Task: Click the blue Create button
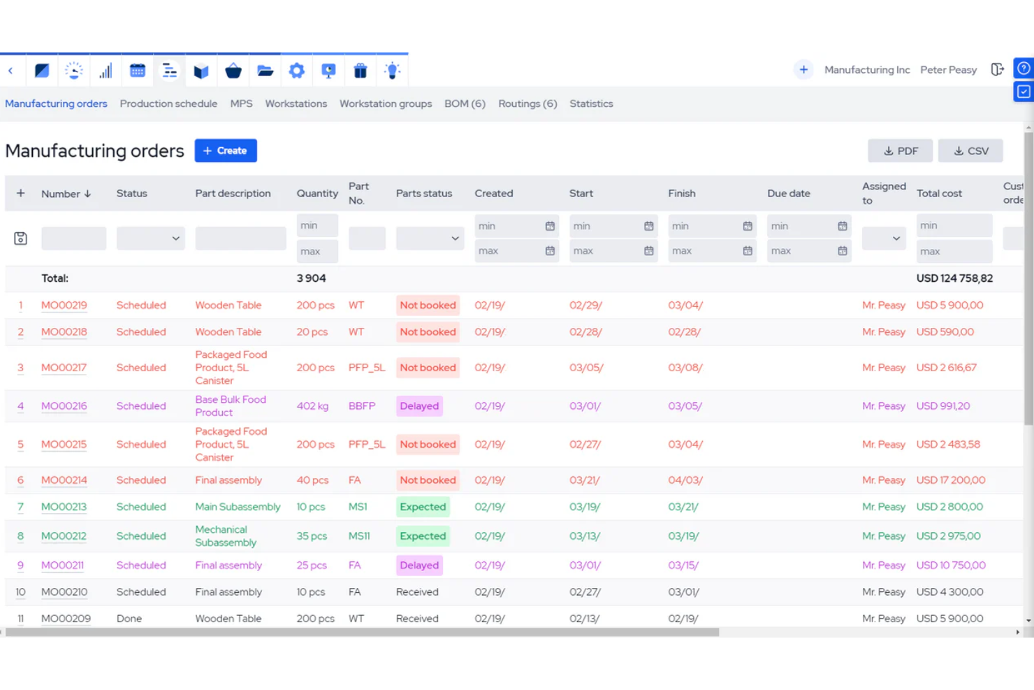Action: [x=226, y=151]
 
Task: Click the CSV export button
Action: [x=970, y=151]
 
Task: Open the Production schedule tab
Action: [x=168, y=103]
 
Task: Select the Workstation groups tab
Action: [x=386, y=103]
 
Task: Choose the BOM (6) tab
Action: [x=465, y=103]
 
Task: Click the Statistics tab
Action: [x=591, y=103]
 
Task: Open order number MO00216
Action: [x=64, y=406]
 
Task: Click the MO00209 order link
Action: [x=66, y=619]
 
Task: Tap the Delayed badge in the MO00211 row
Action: [x=419, y=566]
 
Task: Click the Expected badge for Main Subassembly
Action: [x=423, y=507]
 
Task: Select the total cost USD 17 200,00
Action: [x=951, y=480]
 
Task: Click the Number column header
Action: [x=66, y=194]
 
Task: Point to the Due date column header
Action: [x=789, y=194]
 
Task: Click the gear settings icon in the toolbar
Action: [x=297, y=71]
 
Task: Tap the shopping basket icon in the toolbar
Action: [x=233, y=71]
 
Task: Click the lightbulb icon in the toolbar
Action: [x=393, y=71]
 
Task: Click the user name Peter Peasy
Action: [x=948, y=70]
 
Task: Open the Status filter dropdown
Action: [x=150, y=238]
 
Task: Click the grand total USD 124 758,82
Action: [x=954, y=278]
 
